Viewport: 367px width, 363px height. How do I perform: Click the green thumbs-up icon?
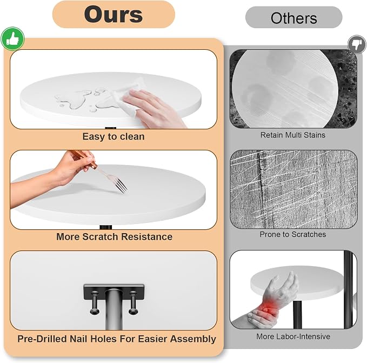12,39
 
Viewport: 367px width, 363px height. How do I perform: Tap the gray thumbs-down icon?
357,44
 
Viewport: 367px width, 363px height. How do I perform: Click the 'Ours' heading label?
114,15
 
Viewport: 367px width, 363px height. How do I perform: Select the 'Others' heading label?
293,18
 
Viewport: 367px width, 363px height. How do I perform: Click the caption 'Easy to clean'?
114,136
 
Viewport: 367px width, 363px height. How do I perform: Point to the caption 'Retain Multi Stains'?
293,135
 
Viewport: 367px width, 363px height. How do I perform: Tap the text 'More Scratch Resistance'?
114,236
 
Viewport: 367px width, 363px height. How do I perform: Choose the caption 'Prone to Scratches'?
293,234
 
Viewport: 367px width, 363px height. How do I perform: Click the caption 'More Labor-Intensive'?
293,336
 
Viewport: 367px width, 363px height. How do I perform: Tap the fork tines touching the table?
122,186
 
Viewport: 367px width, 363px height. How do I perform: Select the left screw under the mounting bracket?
95,302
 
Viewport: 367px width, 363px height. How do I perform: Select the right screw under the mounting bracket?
133,302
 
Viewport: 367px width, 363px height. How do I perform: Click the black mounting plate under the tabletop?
114,292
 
